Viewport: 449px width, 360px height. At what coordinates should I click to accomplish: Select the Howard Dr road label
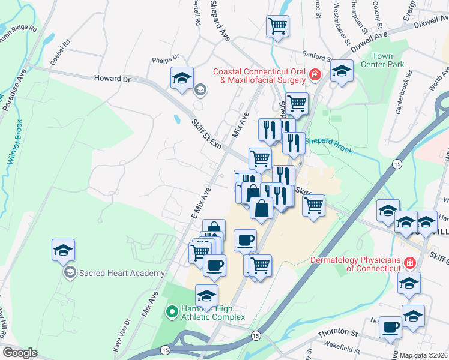112,79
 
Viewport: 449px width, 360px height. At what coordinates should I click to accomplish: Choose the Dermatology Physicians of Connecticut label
355,264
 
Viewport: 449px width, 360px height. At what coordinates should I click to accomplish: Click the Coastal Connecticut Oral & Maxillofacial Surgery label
261,76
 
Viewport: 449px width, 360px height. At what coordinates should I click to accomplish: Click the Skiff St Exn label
205,136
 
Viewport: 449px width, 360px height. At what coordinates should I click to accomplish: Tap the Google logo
20,353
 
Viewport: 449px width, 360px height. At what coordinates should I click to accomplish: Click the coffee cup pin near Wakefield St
391,327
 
